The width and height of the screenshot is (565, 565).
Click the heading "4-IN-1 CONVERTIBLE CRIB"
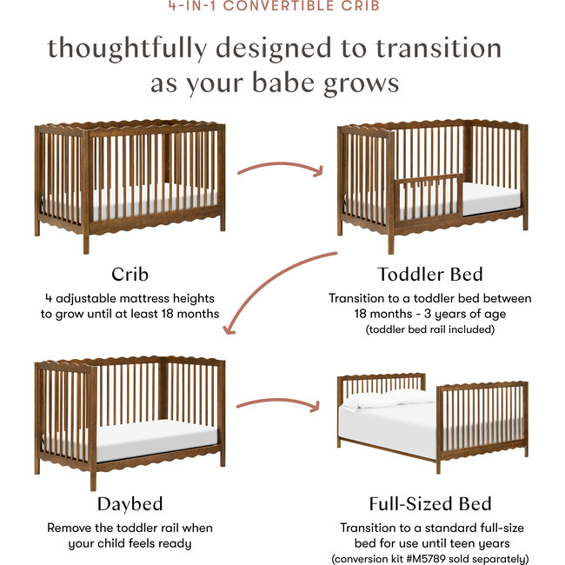click(x=282, y=5)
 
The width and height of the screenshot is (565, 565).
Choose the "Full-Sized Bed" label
click(x=429, y=503)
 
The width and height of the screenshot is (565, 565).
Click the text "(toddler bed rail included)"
click(x=429, y=329)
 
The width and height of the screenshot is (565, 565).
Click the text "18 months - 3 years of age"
click(x=429, y=314)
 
